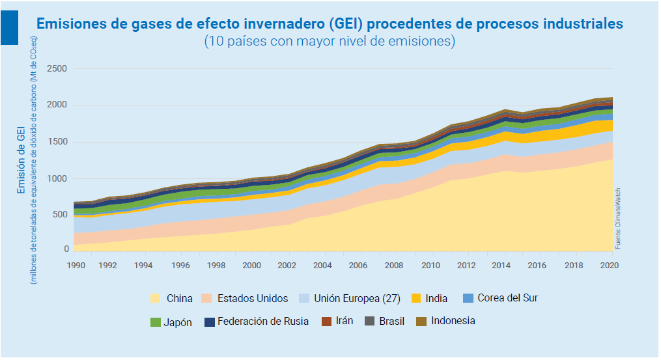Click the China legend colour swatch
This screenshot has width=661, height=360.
155,298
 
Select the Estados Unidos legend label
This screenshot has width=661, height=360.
252,299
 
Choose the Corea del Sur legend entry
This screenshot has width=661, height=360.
499,298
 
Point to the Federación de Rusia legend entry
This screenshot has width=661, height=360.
255,322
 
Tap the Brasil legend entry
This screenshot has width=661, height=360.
384,322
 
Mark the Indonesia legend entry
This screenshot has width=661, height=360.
445,321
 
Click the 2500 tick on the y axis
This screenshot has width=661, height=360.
57,68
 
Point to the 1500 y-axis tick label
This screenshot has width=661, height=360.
57,142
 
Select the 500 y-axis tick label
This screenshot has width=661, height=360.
59,214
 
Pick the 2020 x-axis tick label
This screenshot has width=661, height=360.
608,266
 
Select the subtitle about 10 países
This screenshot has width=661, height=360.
329,41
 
